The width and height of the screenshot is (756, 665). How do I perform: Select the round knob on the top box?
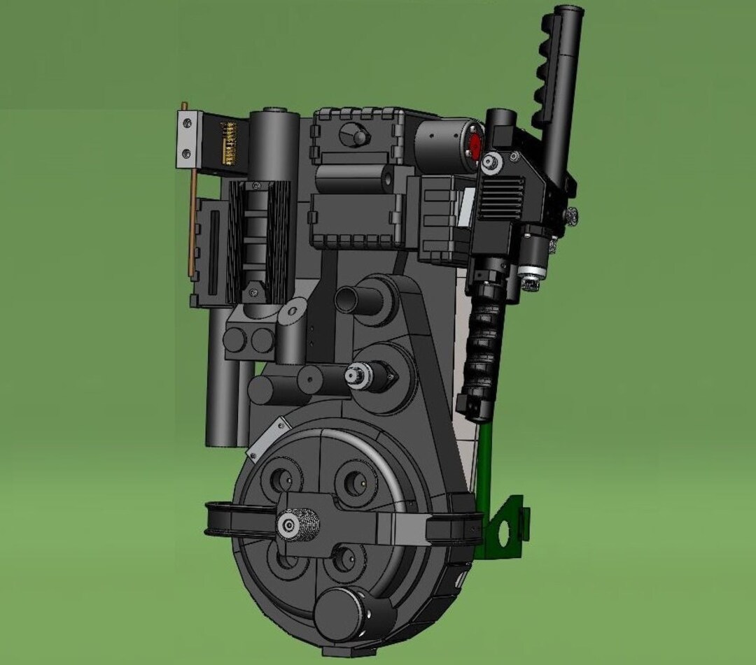tap(358, 135)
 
